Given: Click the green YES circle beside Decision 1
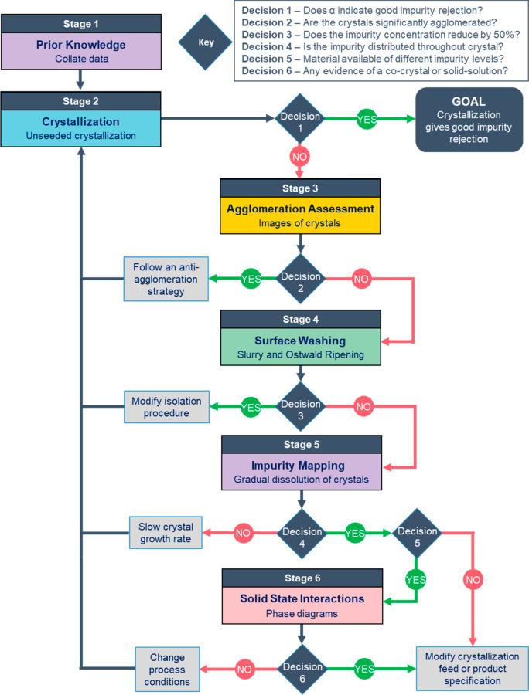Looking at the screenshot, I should pyautogui.click(x=366, y=119).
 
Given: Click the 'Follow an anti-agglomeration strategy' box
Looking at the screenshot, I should pyautogui.click(x=167, y=277).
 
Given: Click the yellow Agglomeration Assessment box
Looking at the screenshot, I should pyautogui.click(x=300, y=214).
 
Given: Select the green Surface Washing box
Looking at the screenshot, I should pyautogui.click(x=300, y=346).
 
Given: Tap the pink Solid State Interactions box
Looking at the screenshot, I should pyautogui.click(x=300, y=606).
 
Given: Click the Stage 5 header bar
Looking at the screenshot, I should pyautogui.click(x=300, y=445).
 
